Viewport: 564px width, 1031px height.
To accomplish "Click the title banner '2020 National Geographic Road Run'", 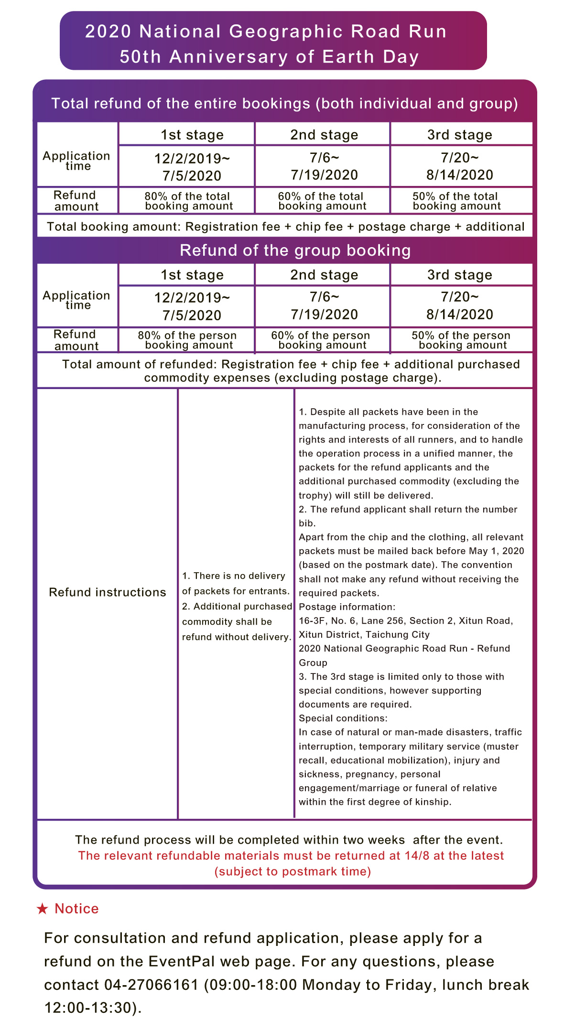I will (x=266, y=32).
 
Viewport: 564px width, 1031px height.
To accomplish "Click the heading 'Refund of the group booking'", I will (x=295, y=250).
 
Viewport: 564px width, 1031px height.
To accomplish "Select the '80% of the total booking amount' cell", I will (x=188, y=201).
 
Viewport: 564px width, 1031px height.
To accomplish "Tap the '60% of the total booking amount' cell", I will (x=322, y=201).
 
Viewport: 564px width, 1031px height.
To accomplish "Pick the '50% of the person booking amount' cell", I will (x=461, y=340).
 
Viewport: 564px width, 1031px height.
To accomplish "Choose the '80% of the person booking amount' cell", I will (x=188, y=340).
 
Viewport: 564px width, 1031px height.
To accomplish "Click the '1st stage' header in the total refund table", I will (x=192, y=135).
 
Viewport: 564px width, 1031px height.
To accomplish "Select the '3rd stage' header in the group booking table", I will (x=459, y=275).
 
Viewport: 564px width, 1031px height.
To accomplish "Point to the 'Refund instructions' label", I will (x=108, y=592).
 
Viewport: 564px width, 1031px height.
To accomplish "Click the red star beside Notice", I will (x=43, y=909).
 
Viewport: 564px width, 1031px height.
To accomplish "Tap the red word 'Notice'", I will (x=76, y=909).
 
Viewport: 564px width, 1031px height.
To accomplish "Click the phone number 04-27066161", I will (x=151, y=985).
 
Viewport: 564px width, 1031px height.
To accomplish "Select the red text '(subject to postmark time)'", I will (x=293, y=871).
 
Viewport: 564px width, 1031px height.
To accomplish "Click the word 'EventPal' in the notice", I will (x=181, y=961).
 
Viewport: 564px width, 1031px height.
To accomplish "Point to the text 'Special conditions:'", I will (x=343, y=718).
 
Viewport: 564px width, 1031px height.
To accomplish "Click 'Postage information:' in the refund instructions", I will (x=347, y=607).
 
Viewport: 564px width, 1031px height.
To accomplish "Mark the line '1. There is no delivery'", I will (x=234, y=576).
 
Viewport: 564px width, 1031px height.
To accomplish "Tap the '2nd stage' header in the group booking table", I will (x=324, y=275).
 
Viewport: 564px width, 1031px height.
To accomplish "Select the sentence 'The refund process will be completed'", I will (x=289, y=840).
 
